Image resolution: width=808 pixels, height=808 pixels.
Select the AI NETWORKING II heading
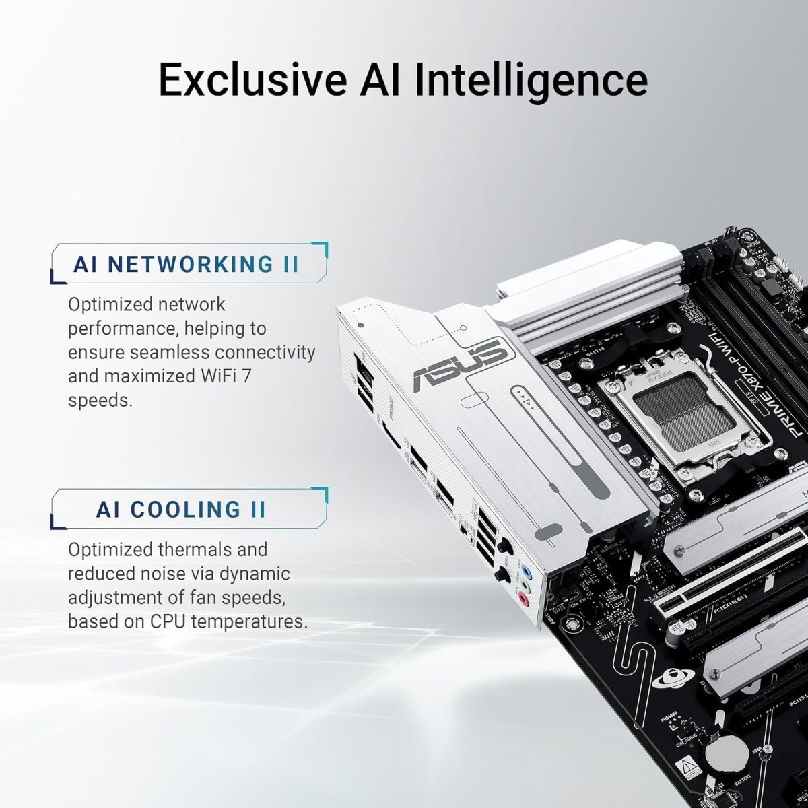[187, 264]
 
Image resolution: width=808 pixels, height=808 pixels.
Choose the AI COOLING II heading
[181, 510]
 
